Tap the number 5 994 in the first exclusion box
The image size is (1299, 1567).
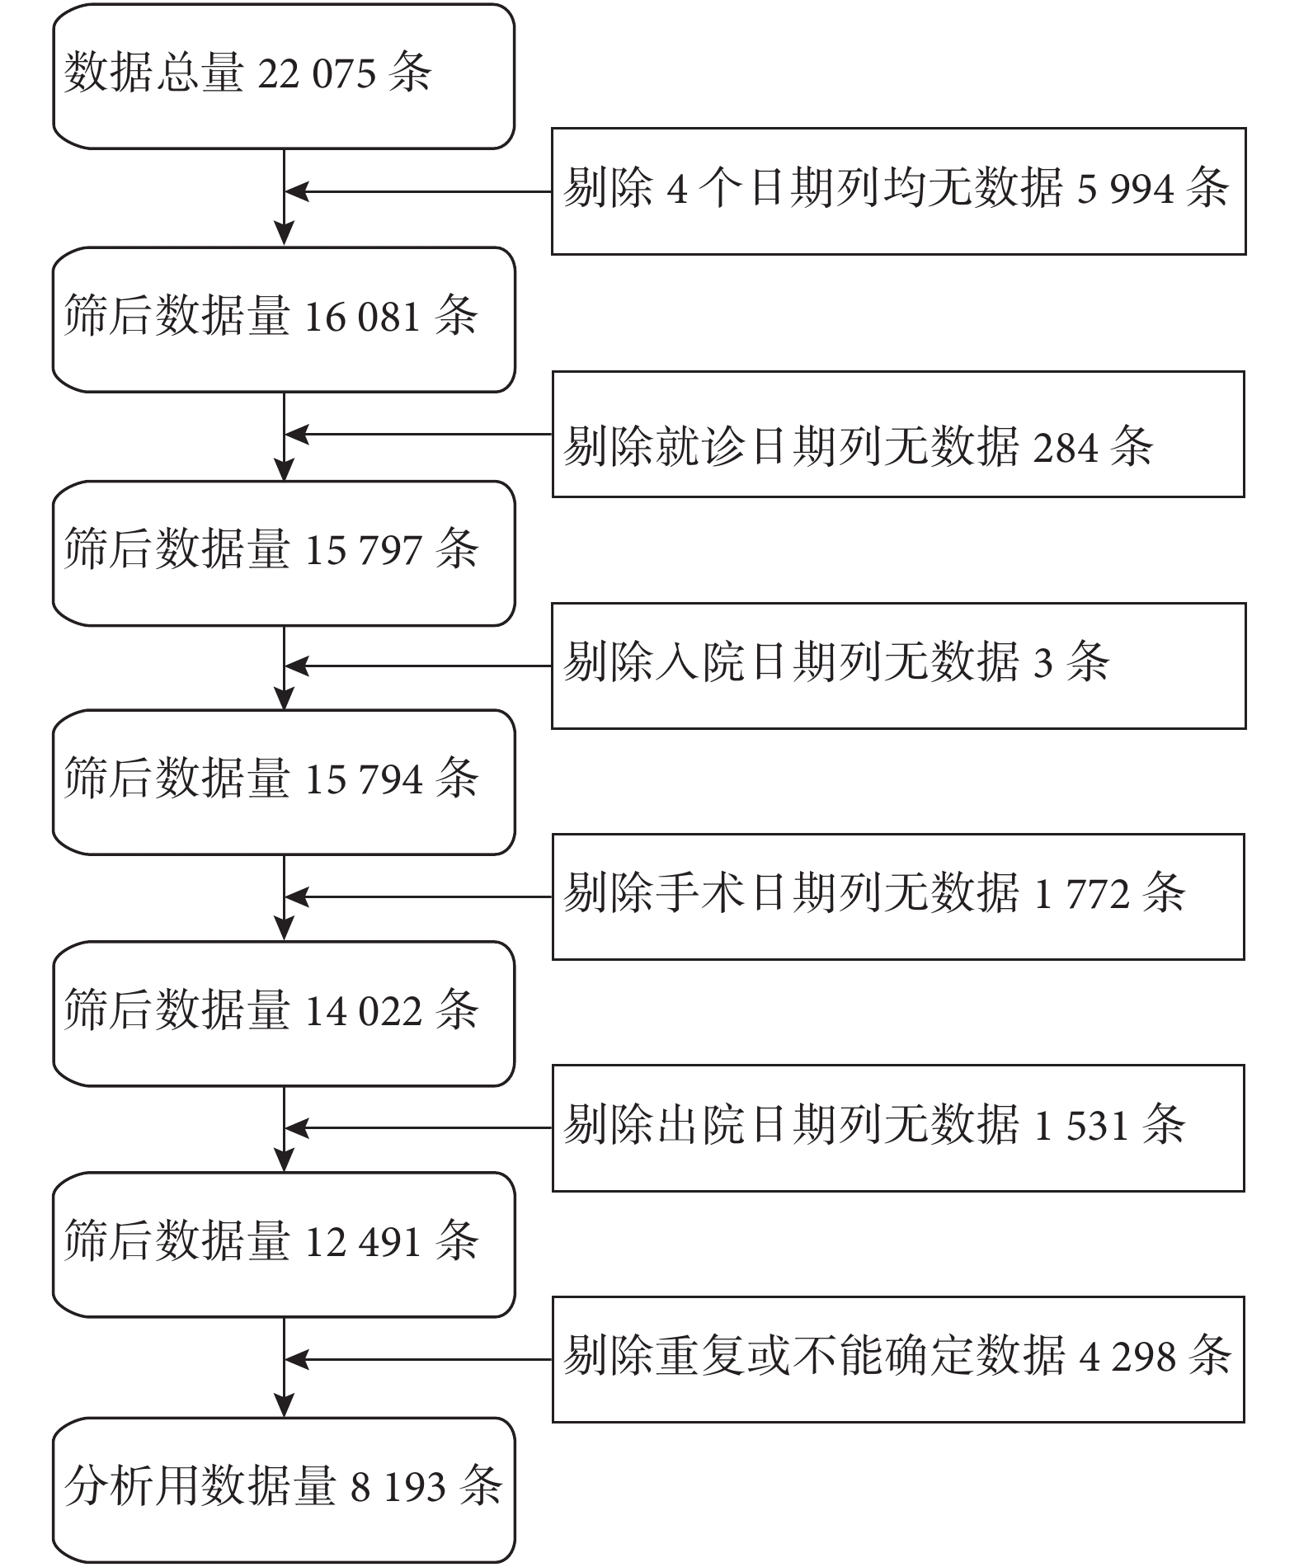coord(1125,190)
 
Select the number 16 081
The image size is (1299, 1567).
coord(363,318)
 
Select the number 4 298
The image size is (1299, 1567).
coord(1127,1357)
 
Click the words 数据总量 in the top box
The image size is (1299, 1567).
coord(153,73)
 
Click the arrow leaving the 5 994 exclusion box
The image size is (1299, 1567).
coord(418,191)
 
